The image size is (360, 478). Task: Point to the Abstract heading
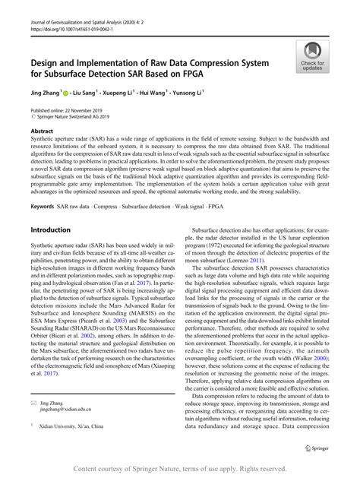click(x=42, y=131)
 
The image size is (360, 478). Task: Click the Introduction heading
click(x=49, y=230)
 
